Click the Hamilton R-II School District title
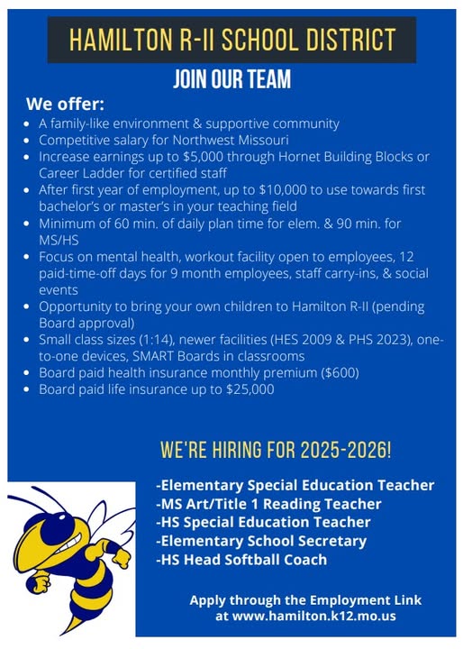(x=231, y=41)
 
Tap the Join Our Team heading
(x=231, y=79)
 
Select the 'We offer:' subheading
(x=65, y=104)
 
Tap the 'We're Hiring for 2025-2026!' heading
(x=275, y=449)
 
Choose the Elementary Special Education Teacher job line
(x=295, y=485)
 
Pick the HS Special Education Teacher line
(x=262, y=522)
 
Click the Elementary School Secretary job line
(x=260, y=541)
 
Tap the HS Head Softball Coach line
(x=241, y=560)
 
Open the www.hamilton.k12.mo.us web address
(x=305, y=616)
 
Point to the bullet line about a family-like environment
(x=188, y=123)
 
